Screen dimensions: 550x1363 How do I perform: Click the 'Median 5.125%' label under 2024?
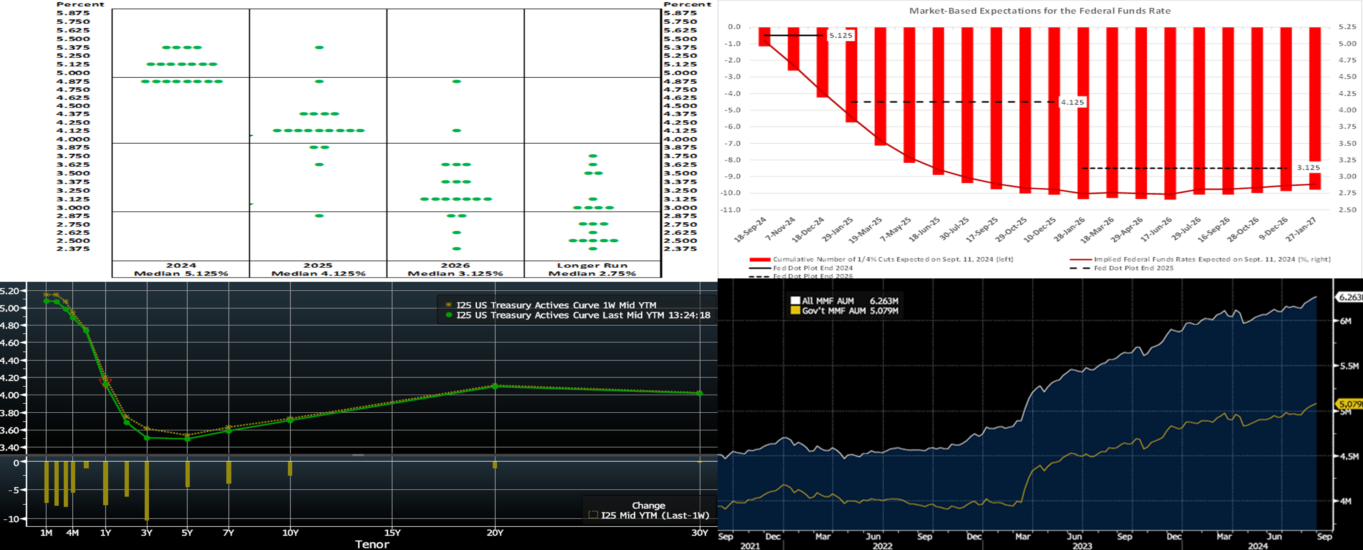click(x=181, y=273)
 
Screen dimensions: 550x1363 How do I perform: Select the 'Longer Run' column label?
click(x=592, y=265)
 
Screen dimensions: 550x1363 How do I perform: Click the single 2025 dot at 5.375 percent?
click(x=319, y=48)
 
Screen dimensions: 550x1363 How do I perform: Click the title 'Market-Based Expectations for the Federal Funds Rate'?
click(x=1040, y=11)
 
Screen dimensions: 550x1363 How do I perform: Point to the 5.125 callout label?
click(x=841, y=35)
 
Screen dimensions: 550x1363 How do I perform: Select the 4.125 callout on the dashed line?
click(x=1072, y=102)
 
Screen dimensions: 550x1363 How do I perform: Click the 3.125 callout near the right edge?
click(x=1308, y=167)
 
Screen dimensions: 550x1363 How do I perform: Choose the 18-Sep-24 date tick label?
click(x=750, y=230)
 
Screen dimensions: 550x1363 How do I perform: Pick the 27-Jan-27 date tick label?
click(x=1301, y=230)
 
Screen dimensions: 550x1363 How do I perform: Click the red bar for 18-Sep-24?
click(x=764, y=37)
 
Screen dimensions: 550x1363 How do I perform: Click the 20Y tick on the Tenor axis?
click(x=495, y=533)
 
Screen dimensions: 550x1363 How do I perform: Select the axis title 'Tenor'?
click(x=372, y=544)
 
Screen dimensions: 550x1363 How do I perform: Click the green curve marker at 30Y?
click(x=699, y=393)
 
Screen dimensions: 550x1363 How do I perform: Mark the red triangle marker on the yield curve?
click(x=105, y=382)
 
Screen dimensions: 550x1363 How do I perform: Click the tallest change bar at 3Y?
click(x=147, y=491)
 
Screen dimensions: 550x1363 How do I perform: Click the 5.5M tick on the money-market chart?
click(x=1349, y=366)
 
